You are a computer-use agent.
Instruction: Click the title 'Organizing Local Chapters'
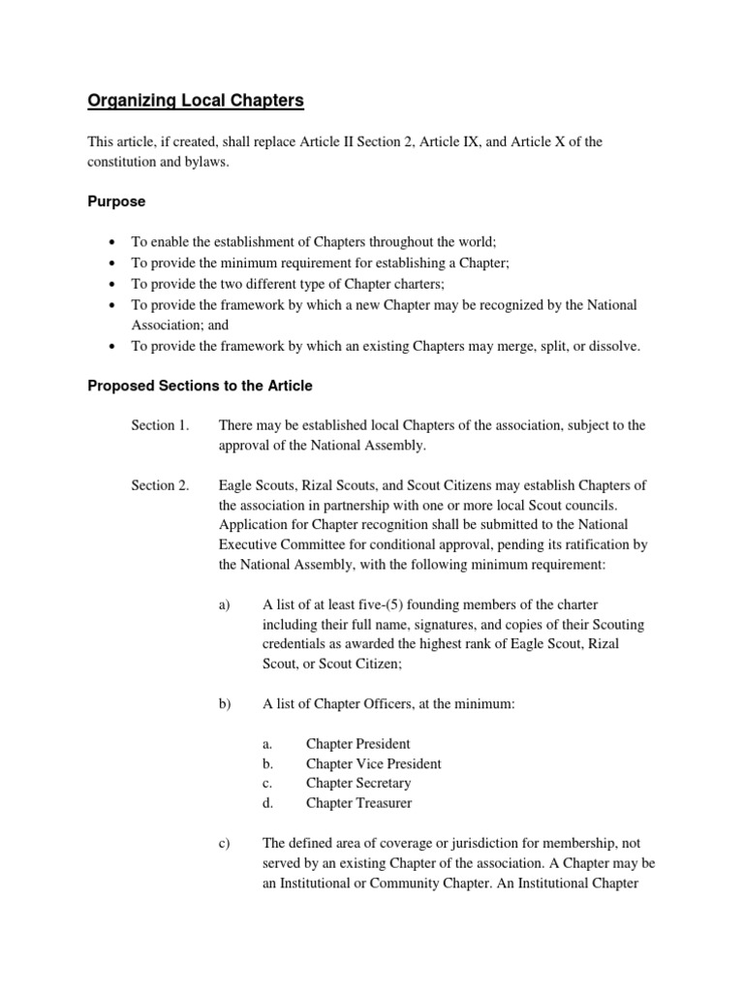[x=197, y=100]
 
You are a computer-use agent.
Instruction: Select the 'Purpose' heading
[x=116, y=201]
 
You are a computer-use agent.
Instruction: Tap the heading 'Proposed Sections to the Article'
[x=201, y=386]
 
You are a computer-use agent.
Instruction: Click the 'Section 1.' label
[x=160, y=425]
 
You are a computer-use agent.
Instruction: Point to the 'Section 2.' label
[x=160, y=485]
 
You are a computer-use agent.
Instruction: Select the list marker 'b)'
[x=227, y=704]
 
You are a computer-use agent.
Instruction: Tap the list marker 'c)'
[x=227, y=844]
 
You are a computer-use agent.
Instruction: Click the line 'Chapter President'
[x=357, y=744]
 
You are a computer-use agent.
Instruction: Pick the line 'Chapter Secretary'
[x=358, y=783]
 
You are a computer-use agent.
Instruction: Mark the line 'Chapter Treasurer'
[x=358, y=803]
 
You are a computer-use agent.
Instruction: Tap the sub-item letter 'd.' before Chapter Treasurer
[x=268, y=803]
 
